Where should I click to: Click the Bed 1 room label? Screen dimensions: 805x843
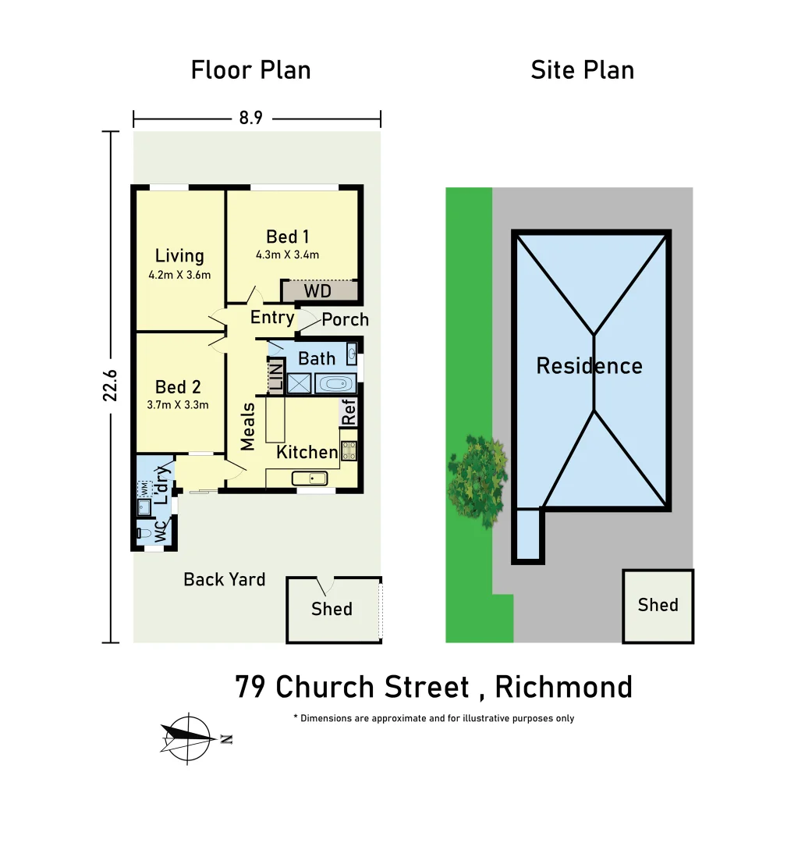pos(282,237)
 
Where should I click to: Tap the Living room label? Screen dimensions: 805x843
pos(179,256)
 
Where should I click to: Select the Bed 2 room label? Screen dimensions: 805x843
pos(178,386)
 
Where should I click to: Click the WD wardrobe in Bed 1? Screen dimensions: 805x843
pos(318,291)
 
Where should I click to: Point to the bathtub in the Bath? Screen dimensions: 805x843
pos(336,384)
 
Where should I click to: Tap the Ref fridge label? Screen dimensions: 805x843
pos(349,412)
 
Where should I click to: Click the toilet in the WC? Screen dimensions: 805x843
pos(145,534)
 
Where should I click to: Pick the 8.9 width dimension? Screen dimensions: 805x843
pos(250,119)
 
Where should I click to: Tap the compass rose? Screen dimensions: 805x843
pos(189,737)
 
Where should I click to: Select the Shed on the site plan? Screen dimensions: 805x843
pos(658,606)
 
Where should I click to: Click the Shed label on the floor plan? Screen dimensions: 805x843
pos(332,609)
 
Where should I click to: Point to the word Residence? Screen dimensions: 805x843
pos(589,366)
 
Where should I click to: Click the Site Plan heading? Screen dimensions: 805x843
pos(582,70)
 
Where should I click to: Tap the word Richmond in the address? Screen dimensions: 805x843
pos(563,687)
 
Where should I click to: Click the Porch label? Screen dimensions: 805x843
pos(345,319)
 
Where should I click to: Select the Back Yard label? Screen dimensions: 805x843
pos(225,579)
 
